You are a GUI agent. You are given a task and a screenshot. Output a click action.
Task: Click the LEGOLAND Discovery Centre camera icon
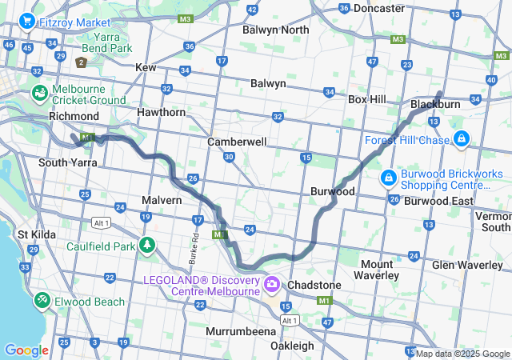272,285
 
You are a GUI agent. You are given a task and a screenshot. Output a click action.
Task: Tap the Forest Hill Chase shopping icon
461,140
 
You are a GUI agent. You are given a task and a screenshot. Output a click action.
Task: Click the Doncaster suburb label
378,8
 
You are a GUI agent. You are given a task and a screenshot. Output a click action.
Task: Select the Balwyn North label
275,30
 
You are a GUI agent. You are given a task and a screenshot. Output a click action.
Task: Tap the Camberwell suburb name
237,141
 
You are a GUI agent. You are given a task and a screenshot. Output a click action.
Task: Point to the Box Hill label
367,99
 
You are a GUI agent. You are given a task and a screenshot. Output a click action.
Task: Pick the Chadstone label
314,285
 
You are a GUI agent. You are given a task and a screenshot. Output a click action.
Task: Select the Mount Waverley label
377,270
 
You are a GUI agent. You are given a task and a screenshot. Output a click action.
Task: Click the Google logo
26,350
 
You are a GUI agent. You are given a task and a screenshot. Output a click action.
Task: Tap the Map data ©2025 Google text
462,354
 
